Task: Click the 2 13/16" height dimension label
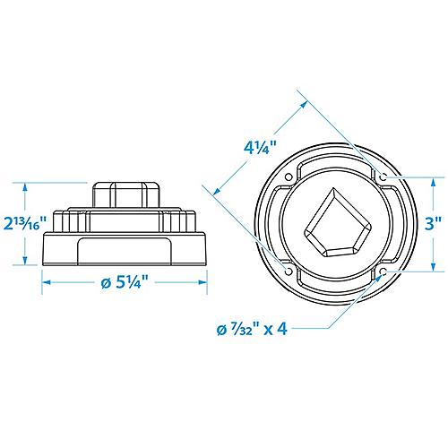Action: (x=25, y=224)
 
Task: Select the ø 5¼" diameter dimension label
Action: (x=125, y=282)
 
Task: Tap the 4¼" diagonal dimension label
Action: (x=260, y=147)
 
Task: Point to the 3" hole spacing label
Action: (x=433, y=223)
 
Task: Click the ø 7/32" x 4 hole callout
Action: (x=252, y=329)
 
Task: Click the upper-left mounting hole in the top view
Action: (x=289, y=177)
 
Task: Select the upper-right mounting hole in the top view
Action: (x=383, y=177)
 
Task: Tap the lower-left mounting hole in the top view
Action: (x=289, y=271)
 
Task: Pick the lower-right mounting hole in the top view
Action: (x=383, y=271)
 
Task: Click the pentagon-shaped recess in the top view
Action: (x=336, y=225)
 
